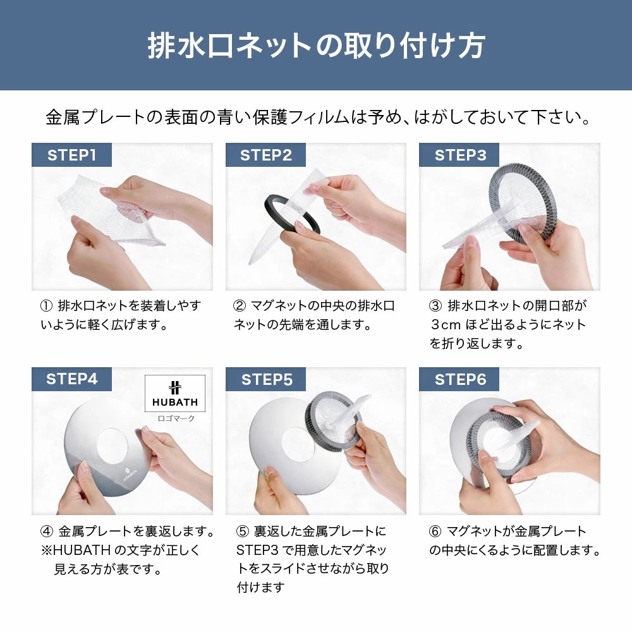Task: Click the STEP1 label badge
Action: [71, 155]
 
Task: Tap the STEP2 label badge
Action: [265, 155]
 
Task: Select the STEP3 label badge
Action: [460, 155]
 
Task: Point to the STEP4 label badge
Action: [71, 379]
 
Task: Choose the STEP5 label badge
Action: [265, 379]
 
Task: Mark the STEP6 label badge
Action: [460, 379]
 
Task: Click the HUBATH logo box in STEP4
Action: [175, 394]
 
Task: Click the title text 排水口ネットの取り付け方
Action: [316, 46]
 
